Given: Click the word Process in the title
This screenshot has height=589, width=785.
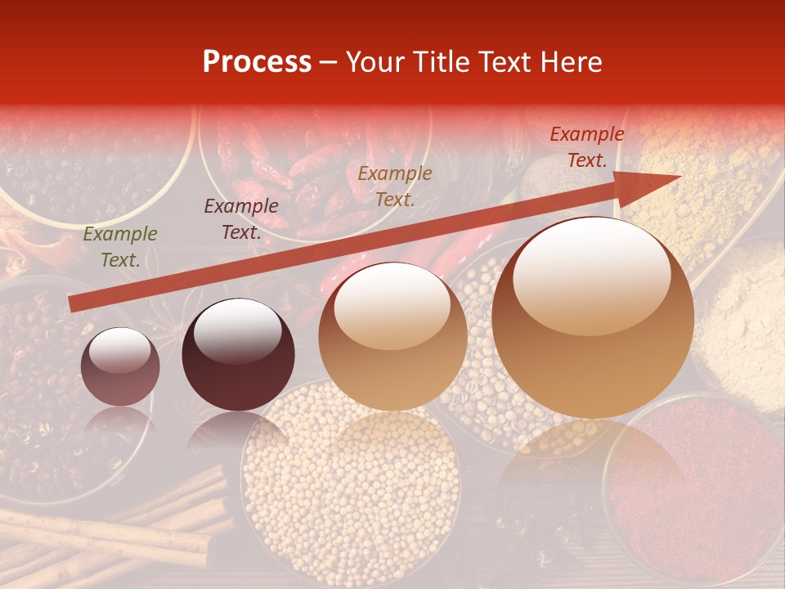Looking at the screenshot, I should pos(257,62).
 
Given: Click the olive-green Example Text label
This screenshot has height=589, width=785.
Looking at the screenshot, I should pos(119,247).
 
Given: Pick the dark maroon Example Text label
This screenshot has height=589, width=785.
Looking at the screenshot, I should pos(240,219).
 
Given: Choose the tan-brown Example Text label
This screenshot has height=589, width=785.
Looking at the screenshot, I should pos(395,186).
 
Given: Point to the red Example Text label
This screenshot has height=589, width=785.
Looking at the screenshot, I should pos(586,147).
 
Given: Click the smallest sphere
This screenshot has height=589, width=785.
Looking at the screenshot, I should pos(120,367).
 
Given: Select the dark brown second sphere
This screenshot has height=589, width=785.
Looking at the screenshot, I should pos(238,355).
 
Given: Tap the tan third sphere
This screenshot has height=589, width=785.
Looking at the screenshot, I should pos(392,336).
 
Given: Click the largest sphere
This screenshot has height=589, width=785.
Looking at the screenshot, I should pos(593,317).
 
